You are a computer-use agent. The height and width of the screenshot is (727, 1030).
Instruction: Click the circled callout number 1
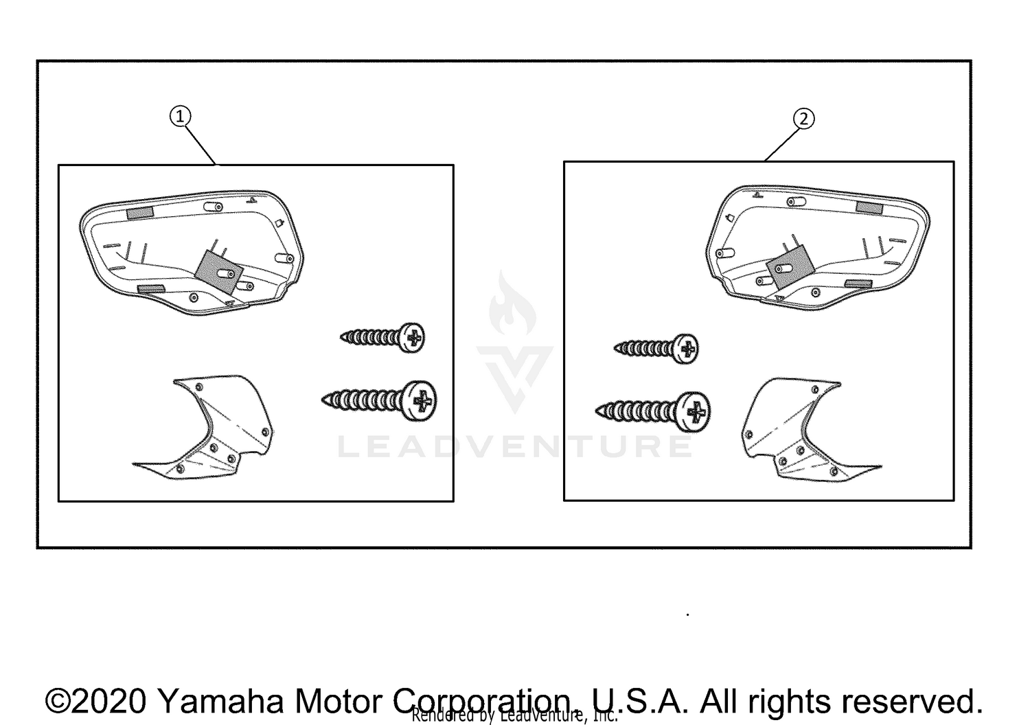pos(180,117)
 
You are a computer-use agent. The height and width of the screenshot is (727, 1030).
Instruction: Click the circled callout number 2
pos(804,119)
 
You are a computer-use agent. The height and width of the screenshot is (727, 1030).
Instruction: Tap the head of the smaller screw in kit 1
pos(413,338)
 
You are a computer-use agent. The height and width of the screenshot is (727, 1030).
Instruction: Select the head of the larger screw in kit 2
pos(695,412)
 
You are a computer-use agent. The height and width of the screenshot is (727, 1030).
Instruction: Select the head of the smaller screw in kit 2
pos(686,348)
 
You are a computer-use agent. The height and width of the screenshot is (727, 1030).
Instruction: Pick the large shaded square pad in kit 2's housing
pos(789,266)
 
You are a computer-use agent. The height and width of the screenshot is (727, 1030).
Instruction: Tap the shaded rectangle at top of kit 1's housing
pos(141,213)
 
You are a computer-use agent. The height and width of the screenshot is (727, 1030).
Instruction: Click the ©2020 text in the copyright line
pos(96,701)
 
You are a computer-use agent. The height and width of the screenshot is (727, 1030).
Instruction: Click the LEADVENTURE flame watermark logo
pos(514,343)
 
